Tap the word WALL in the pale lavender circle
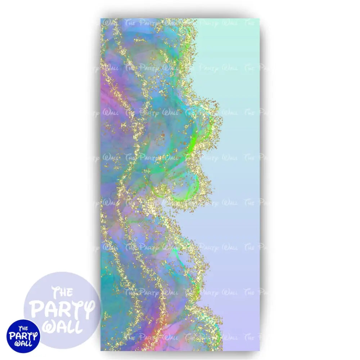pyautogui.click(x=62, y=326)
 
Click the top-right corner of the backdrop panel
pyautogui.click(x=259, y=19)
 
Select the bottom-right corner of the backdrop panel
pyautogui.click(x=259, y=351)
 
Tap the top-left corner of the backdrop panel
pyautogui.click(x=101, y=19)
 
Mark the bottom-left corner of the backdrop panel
pyautogui.click(x=101, y=351)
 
